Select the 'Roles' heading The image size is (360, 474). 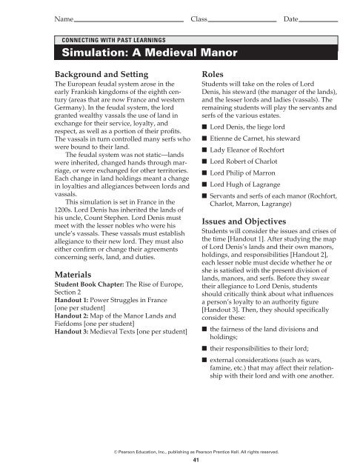[214, 75]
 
